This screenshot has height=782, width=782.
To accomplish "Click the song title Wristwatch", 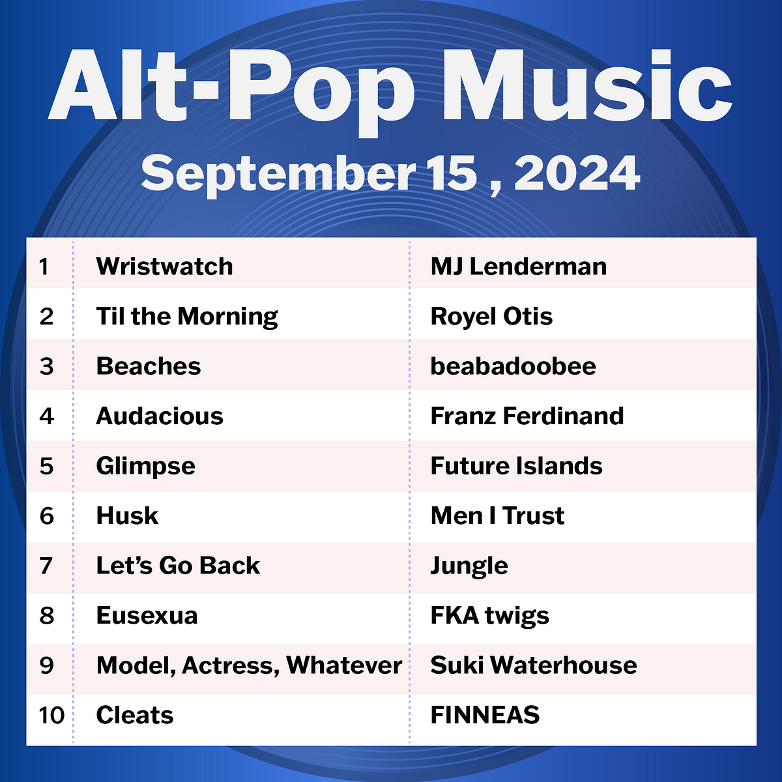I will click(164, 267).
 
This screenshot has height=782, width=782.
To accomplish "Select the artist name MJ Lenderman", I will click(518, 267).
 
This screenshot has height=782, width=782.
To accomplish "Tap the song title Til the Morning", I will click(187, 317).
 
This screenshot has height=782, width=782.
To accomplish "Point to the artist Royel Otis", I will click(491, 317).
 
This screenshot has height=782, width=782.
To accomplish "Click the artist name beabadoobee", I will click(513, 366).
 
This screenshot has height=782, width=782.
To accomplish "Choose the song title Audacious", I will click(160, 416).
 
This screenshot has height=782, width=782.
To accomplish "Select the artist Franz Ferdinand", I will click(527, 416).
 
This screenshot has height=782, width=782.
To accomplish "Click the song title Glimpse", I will click(145, 466).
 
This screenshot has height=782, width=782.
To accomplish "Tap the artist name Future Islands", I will click(516, 466).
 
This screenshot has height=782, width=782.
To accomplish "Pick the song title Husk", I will click(127, 516).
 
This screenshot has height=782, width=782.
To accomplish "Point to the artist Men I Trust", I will click(497, 516).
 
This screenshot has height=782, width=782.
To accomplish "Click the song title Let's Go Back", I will click(178, 566).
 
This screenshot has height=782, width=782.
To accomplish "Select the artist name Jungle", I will click(469, 566).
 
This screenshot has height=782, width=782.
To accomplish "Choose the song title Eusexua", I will click(147, 616).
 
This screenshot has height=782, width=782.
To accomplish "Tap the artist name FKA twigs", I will click(489, 616).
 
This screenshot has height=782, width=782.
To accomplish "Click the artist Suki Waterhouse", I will click(534, 665).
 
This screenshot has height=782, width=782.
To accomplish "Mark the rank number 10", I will click(51, 716).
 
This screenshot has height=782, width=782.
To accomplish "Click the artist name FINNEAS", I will click(485, 716).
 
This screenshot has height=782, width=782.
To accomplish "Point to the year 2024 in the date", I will click(577, 174).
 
